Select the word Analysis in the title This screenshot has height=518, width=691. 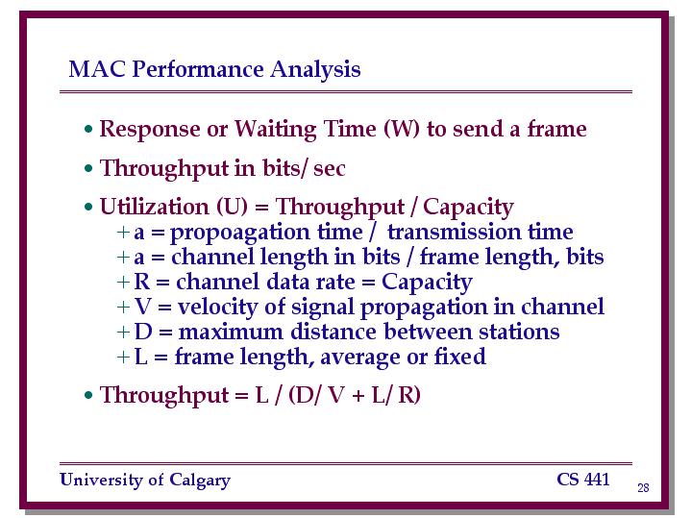[315, 70]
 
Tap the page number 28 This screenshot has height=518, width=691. [643, 487]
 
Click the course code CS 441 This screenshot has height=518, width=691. [583, 480]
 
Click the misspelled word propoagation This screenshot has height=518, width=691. [266, 233]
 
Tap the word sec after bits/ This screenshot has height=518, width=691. [330, 169]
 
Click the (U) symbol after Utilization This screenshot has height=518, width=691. [233, 207]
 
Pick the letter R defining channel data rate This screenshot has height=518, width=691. [142, 282]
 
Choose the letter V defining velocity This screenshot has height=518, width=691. [143, 307]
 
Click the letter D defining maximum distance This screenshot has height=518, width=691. [143, 332]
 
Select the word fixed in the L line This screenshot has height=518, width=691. [459, 357]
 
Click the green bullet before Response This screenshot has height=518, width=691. [88, 129]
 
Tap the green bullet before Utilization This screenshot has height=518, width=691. [88, 207]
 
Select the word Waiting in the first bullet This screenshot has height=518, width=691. [275, 130]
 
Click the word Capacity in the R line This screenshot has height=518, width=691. [427, 284]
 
